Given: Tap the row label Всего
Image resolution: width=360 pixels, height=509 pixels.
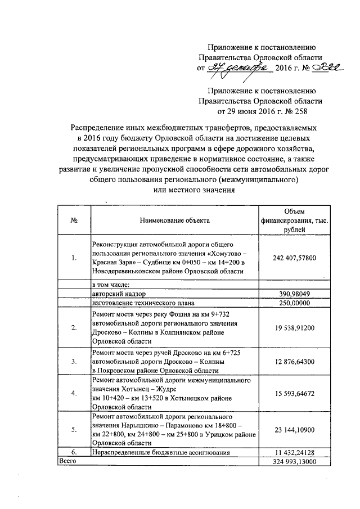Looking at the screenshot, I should (68, 461).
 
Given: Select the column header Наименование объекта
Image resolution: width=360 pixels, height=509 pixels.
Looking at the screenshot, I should (174, 220).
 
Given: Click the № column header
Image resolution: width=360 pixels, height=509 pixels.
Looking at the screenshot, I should (73, 220).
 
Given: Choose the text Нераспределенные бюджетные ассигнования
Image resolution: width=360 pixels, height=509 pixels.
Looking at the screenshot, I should (164, 452).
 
